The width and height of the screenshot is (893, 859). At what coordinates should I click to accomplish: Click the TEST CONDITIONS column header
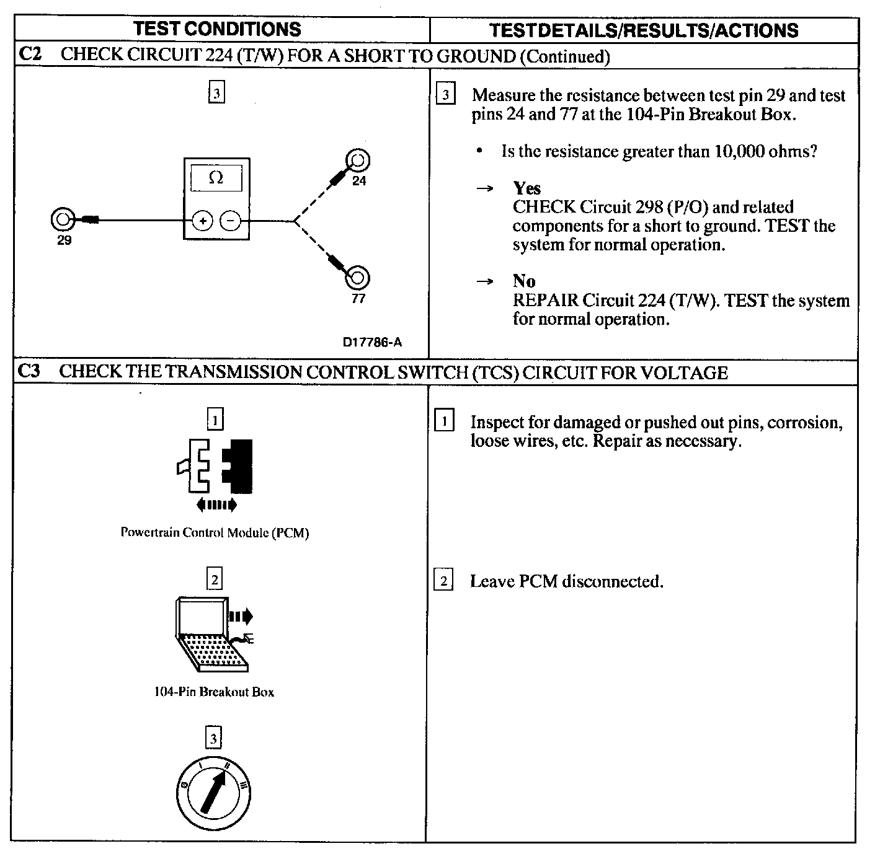pos(217,29)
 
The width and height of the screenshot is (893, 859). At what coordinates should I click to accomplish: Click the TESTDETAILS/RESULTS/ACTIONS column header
pos(643,30)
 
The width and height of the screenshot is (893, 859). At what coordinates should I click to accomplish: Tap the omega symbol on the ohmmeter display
pos(216,178)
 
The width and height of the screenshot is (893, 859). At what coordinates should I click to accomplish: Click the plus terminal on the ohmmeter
pos(203,221)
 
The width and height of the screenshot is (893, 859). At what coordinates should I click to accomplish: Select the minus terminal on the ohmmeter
pos(231,221)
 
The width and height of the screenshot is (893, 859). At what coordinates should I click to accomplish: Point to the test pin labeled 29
pos(62,219)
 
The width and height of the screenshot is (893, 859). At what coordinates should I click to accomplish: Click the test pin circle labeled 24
pos(358,161)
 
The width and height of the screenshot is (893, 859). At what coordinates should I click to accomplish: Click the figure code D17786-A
pos(372,342)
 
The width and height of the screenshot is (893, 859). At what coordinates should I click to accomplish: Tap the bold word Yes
pos(526,188)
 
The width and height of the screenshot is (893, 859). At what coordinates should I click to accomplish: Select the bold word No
pos(524,281)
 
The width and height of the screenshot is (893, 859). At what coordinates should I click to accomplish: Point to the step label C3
pos(29,372)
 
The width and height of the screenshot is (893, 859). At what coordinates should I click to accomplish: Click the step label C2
pos(30,55)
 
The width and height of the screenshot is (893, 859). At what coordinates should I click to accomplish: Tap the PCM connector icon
pos(215,465)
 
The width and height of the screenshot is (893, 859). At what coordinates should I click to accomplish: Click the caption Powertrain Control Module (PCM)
pos(215,532)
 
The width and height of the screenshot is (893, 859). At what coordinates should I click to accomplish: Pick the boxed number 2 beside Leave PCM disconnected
pos(443,581)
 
